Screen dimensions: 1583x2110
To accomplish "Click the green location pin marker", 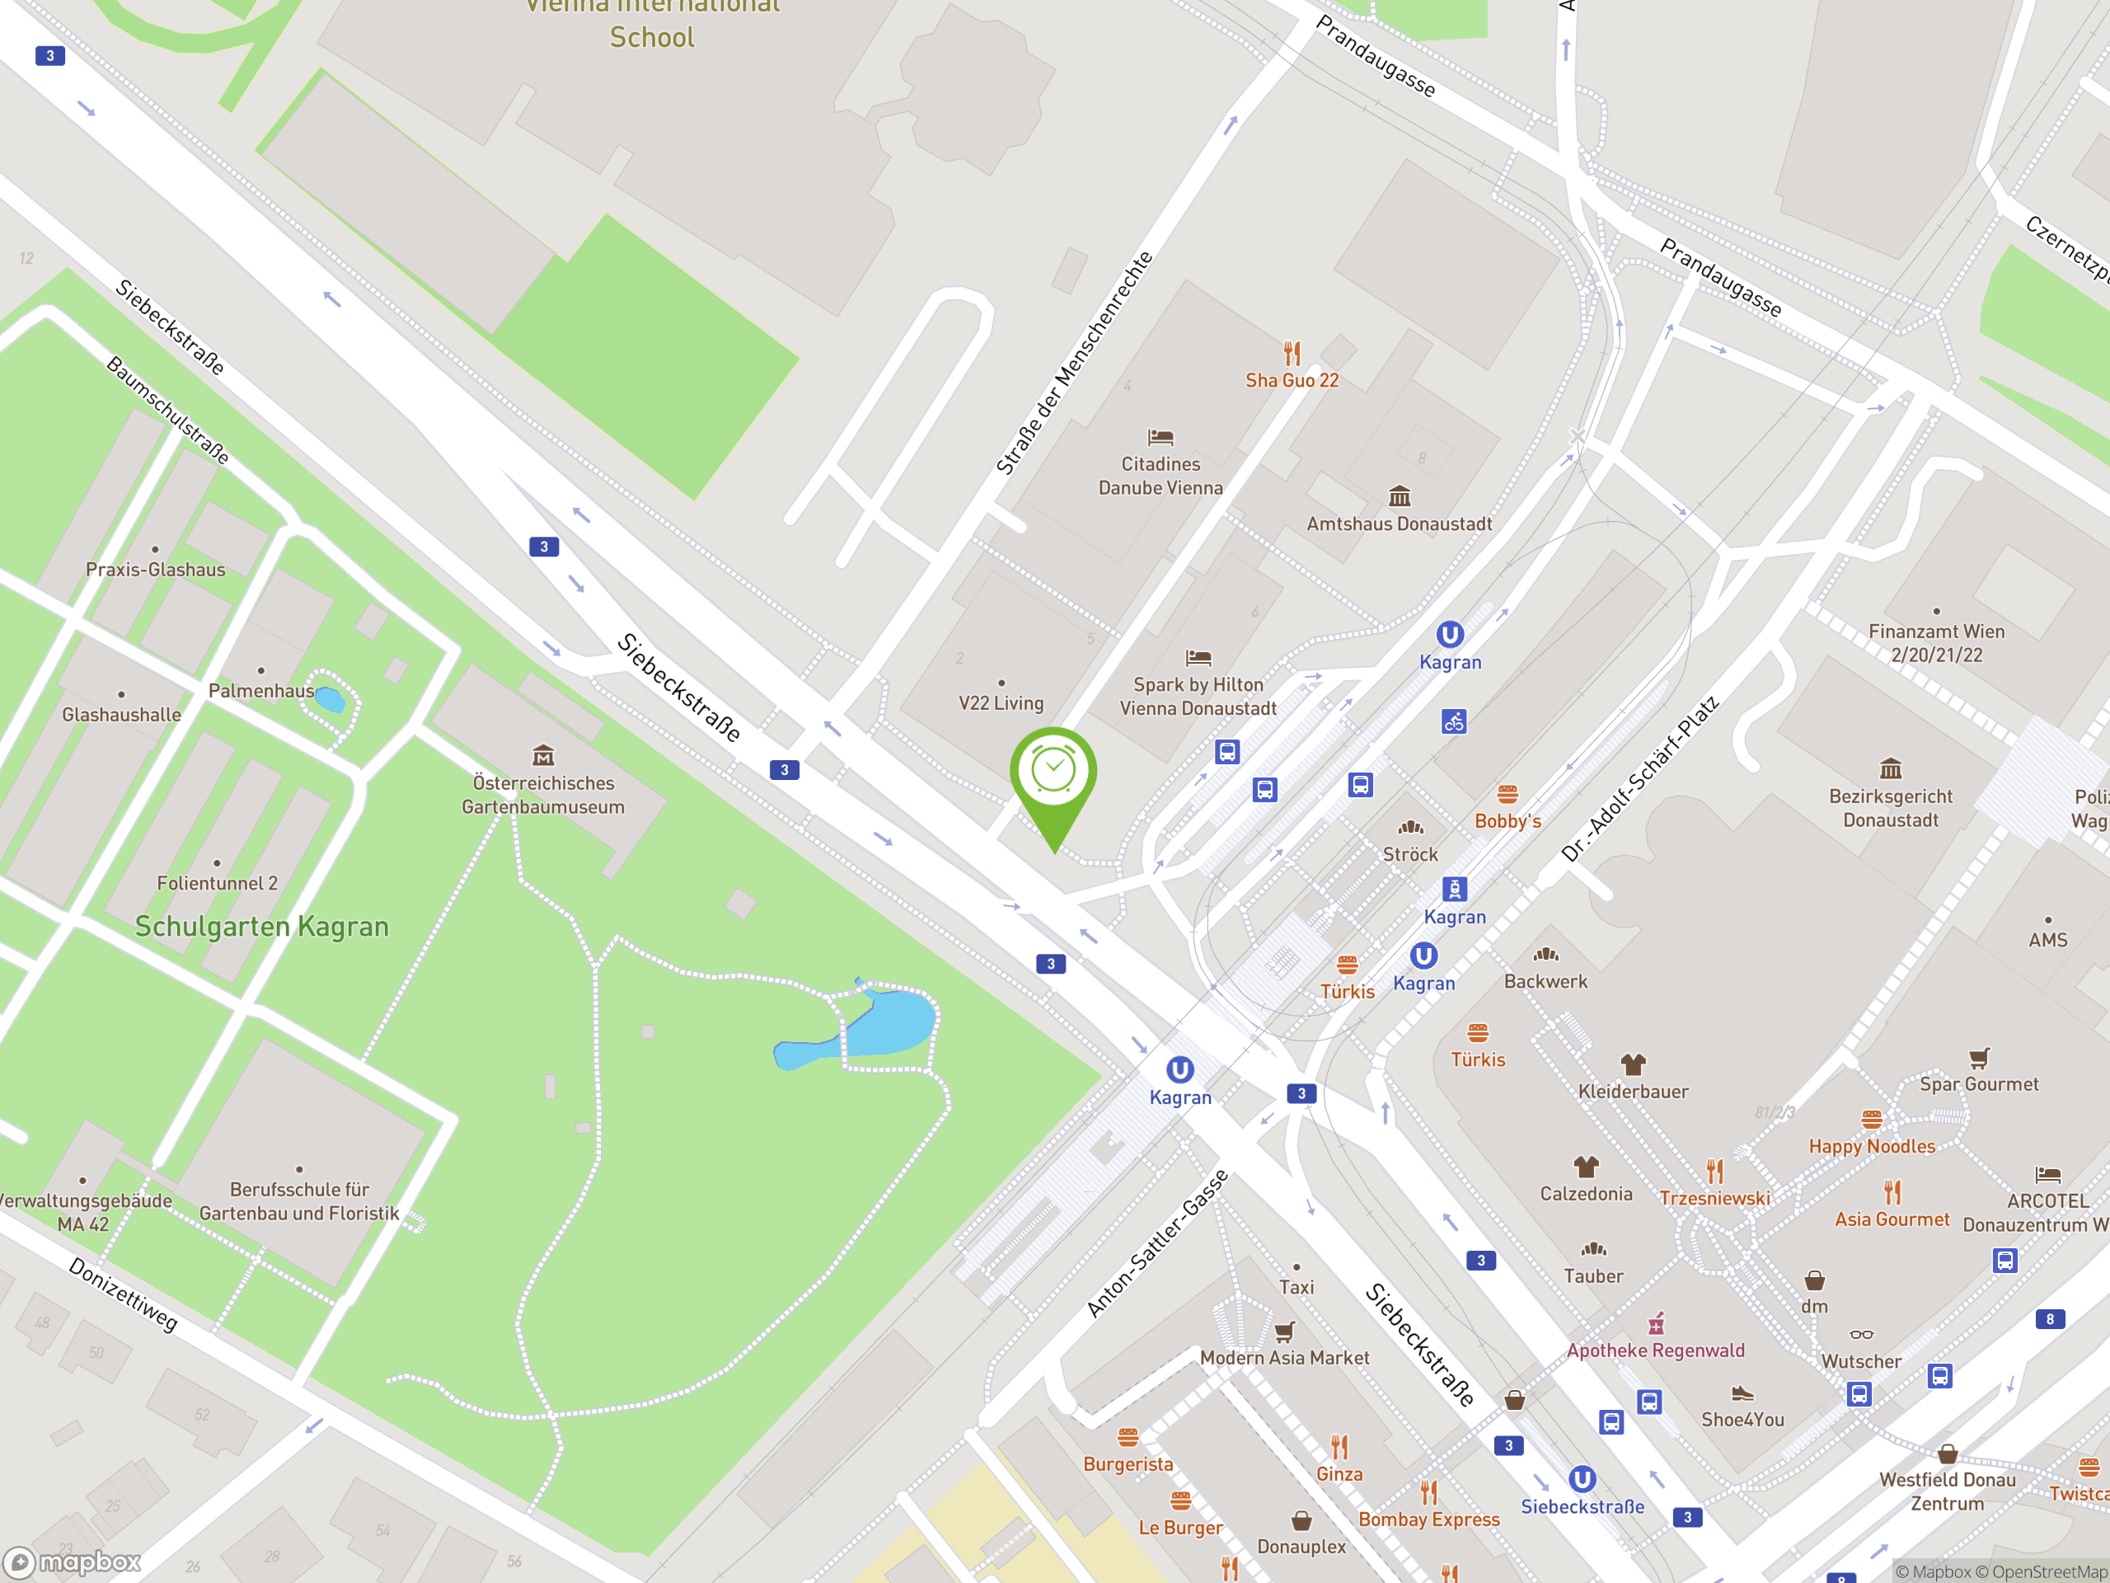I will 1053,773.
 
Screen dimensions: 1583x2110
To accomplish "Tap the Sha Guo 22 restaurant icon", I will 1292,354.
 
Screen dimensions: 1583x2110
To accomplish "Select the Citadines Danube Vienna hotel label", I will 1160,475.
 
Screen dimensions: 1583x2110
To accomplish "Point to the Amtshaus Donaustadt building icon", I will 1400,496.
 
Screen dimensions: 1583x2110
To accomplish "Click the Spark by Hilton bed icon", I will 1198,657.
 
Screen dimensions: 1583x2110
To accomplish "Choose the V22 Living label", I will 1001,703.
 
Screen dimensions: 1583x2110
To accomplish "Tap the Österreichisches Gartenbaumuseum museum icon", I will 543,756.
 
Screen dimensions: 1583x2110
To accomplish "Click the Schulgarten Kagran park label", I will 261,927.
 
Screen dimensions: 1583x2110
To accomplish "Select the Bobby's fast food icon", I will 1507,794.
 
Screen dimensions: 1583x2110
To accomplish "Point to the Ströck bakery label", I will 1410,854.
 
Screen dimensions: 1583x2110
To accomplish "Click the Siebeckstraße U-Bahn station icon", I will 1582,1479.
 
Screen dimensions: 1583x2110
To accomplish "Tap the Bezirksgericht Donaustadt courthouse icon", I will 1891,769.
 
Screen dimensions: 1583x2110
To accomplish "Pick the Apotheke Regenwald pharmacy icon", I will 1656,1323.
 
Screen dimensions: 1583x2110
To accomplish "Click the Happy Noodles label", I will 1872,1146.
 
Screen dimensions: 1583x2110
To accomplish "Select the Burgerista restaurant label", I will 1128,1463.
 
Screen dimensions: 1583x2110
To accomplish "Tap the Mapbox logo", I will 73,1562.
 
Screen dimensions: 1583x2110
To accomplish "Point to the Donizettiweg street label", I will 123,1294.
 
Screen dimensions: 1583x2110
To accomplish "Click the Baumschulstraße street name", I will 168,411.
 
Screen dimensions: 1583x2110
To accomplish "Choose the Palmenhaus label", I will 260,691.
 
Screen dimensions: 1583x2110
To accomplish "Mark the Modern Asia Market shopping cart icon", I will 1284,1331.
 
